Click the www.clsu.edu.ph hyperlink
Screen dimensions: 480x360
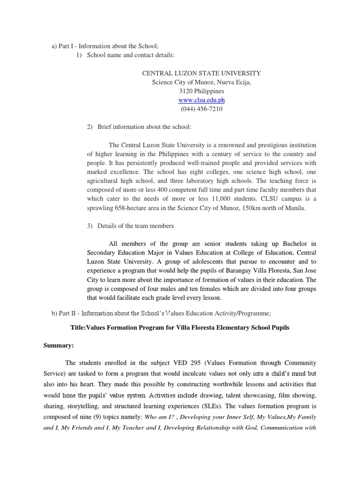point(202,100)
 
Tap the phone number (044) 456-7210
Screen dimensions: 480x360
point(202,109)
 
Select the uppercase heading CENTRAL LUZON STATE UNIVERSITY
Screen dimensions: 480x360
point(202,74)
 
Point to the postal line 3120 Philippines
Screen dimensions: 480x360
point(202,91)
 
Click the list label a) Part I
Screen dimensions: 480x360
point(63,46)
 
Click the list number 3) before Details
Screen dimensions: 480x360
point(90,226)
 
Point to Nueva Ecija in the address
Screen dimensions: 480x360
point(232,82)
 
